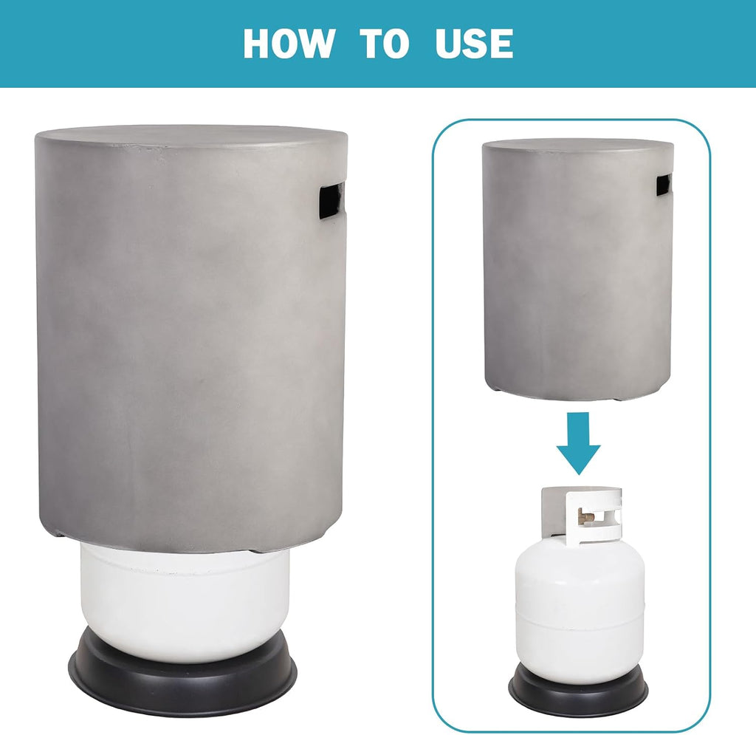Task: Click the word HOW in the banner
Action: (x=289, y=44)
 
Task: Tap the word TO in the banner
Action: (x=385, y=44)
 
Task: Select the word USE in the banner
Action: (x=474, y=44)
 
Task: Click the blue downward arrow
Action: (x=579, y=442)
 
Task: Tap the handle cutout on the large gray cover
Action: (x=331, y=201)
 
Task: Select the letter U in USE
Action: (x=448, y=44)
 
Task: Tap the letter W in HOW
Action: (x=315, y=44)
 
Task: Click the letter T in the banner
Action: (x=371, y=44)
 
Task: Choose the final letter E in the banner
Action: (x=502, y=44)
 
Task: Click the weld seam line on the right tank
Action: (x=580, y=622)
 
